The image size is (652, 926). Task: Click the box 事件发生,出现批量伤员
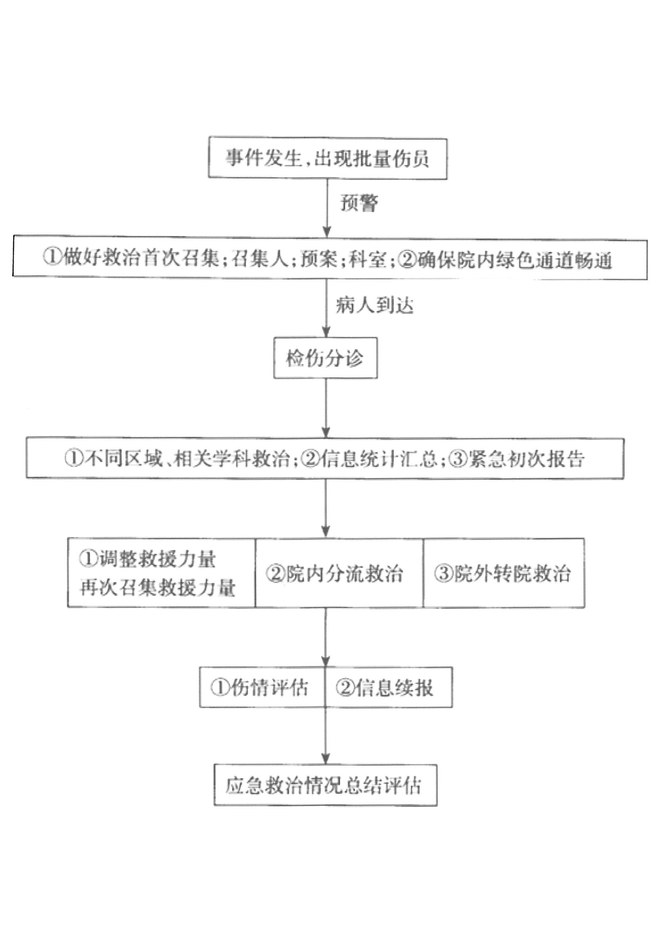[x=327, y=158]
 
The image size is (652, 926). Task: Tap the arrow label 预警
[x=359, y=203]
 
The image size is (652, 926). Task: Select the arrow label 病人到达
[x=375, y=305]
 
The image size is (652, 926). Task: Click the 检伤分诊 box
[x=325, y=358]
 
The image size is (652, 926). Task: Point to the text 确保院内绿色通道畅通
[x=514, y=260]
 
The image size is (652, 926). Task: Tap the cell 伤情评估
[x=262, y=687]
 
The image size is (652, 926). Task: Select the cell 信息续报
[x=388, y=687]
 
